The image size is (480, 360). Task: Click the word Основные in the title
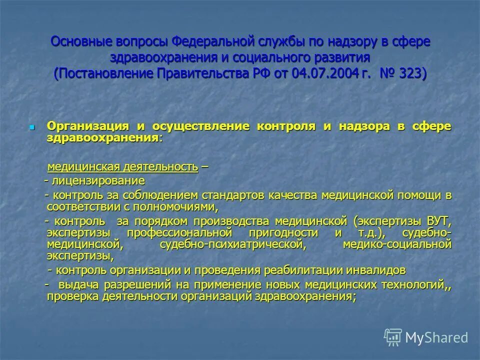(81, 41)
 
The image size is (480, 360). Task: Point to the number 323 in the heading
(409, 74)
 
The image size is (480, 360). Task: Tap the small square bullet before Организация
(32, 127)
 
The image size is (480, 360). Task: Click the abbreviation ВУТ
(439, 221)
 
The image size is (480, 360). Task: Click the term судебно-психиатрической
(232, 245)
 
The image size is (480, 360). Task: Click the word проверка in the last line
(69, 296)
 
